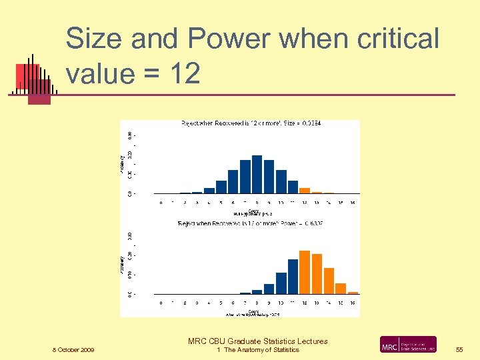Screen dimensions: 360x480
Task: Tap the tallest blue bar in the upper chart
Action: pos(257,174)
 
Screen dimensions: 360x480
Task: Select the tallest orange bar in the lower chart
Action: pos(305,272)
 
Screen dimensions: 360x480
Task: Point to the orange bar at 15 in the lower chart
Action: pos(341,289)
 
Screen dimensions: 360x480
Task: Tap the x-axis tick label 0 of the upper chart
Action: pos(161,203)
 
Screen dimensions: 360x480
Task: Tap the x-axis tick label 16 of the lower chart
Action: pos(353,303)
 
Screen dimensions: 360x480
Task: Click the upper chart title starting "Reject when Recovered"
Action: pos(251,123)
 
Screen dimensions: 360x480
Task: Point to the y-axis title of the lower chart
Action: pos(123,265)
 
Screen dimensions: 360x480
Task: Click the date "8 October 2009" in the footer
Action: pos(74,350)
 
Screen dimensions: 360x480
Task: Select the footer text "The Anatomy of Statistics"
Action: pos(261,350)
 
